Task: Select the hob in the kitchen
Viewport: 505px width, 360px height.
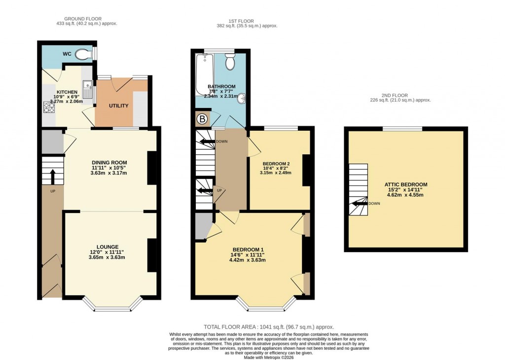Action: coord(49,107)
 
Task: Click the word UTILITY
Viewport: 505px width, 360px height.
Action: coord(118,106)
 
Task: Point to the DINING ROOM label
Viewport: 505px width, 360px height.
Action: coord(109,162)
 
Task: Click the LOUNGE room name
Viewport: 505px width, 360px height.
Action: coord(108,247)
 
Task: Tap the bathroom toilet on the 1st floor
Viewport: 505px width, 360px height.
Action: coord(230,62)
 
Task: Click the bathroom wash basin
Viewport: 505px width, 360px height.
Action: coord(241,100)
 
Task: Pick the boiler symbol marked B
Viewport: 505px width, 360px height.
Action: coord(202,119)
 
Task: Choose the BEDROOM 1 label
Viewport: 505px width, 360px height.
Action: coord(249,249)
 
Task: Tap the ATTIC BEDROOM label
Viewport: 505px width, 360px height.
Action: coord(406,184)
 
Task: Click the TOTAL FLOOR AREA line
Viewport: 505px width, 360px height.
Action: coord(269,327)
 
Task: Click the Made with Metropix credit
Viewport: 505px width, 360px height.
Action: coord(269,357)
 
